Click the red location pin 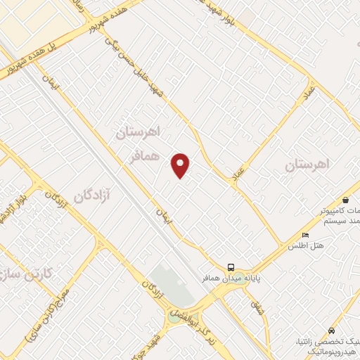pyautogui.click(x=181, y=165)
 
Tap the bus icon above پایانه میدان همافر pyautogui.click(x=231, y=267)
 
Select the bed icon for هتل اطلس pyautogui.click(x=304, y=235)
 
